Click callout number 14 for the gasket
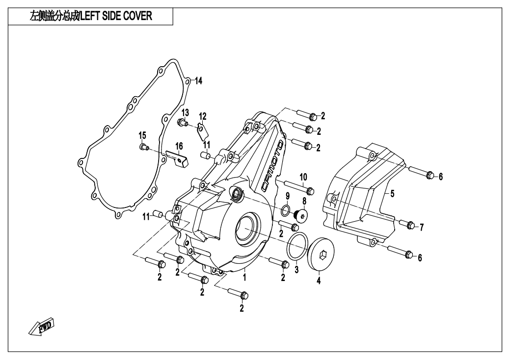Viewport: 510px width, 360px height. click(198, 81)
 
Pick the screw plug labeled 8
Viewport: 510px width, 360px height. click(301, 215)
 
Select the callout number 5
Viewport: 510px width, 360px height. click(392, 193)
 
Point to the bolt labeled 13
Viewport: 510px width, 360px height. click(183, 123)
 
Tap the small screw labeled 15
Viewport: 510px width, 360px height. click(143, 147)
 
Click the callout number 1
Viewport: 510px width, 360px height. click(244, 277)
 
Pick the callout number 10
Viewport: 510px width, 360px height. click(303, 176)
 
